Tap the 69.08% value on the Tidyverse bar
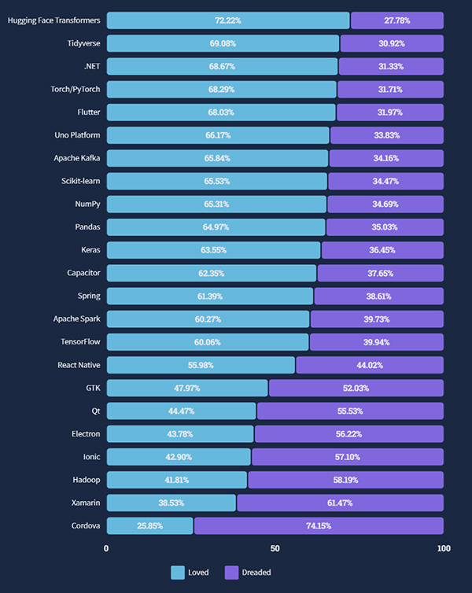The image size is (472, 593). pyautogui.click(x=223, y=43)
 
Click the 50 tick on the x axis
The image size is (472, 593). pyautogui.click(x=275, y=548)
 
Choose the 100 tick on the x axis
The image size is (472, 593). pyautogui.click(x=444, y=548)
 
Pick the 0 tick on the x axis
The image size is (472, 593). pyautogui.click(x=107, y=548)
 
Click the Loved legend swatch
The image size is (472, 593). pyautogui.click(x=178, y=573)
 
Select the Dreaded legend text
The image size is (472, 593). pyautogui.click(x=256, y=573)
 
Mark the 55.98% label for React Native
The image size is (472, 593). pyautogui.click(x=201, y=365)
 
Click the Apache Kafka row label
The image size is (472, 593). pyautogui.click(x=72, y=158)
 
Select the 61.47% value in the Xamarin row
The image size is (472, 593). pyautogui.click(x=340, y=503)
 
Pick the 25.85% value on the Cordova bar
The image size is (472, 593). pyautogui.click(x=149, y=525)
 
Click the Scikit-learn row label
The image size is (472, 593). pyautogui.click(x=76, y=181)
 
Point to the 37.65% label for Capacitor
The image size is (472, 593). pyautogui.click(x=381, y=273)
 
